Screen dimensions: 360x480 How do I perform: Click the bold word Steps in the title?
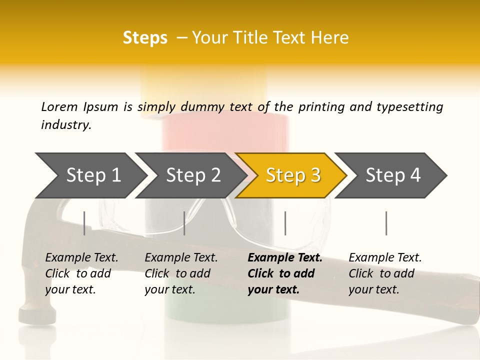pos(145,38)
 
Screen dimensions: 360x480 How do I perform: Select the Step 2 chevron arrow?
pos(193,175)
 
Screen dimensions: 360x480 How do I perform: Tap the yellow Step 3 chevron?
pos(293,175)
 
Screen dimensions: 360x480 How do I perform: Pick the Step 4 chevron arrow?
pos(393,175)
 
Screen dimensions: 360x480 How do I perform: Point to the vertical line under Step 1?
pos(84,223)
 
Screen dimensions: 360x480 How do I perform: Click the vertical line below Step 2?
pos(184,223)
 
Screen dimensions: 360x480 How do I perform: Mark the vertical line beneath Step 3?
pos(285,223)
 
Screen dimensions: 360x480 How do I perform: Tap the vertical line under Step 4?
pos(386,223)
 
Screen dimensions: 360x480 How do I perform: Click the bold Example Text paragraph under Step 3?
pos(285,273)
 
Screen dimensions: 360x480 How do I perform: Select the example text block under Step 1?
pos(81,273)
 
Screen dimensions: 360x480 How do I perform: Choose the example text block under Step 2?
pos(181,273)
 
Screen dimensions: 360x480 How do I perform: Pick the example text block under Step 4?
pos(385,273)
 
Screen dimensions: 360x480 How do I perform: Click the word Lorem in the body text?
pos(59,106)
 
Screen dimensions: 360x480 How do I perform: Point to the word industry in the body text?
pos(65,125)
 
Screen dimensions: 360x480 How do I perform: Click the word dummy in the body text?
pos(203,107)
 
